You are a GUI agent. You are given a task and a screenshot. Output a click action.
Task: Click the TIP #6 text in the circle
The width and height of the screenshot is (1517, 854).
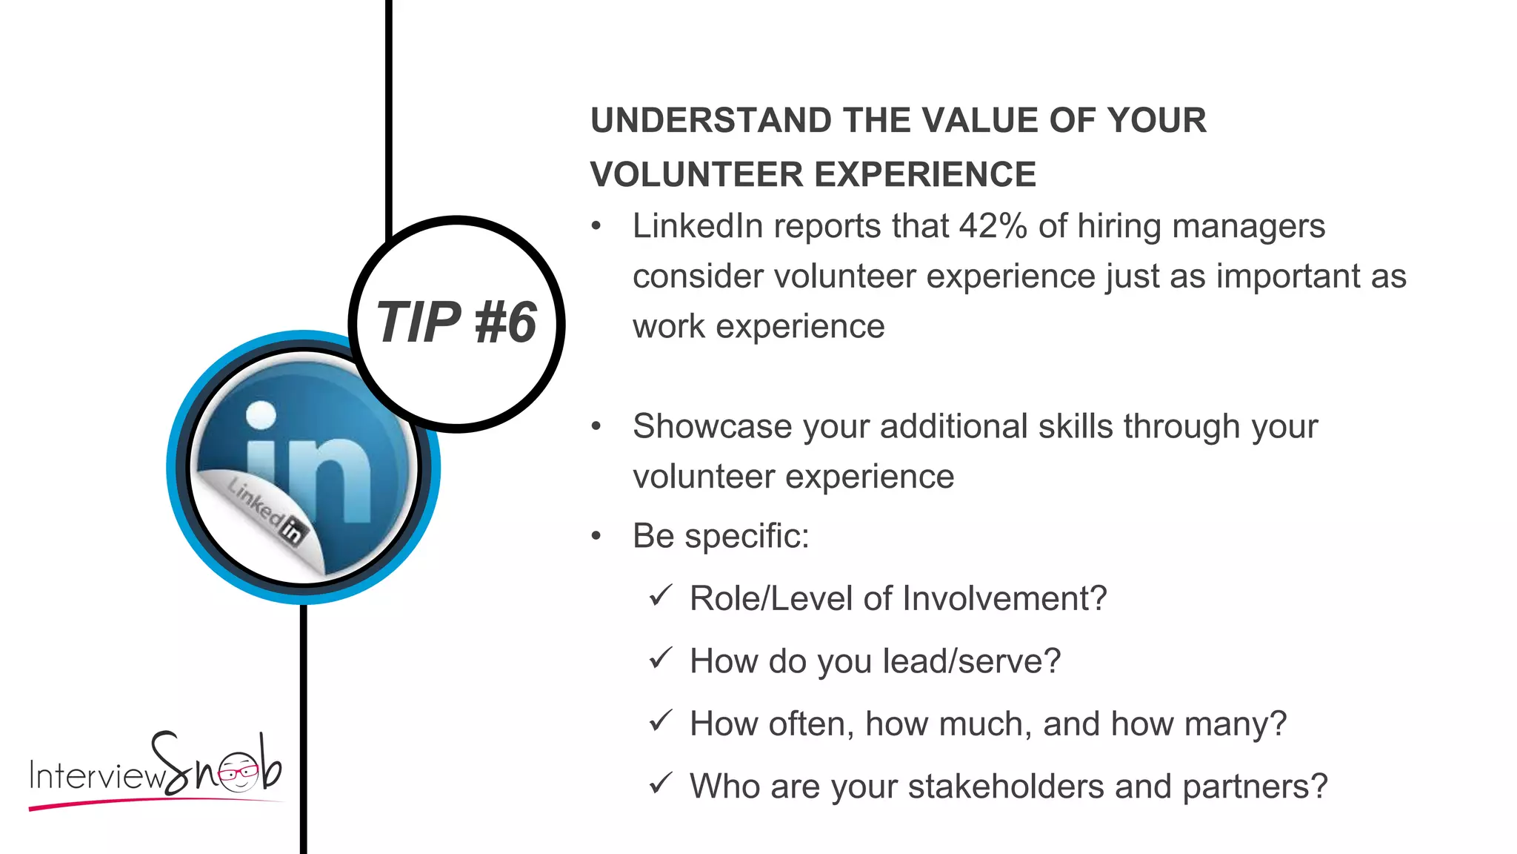pyautogui.click(x=456, y=323)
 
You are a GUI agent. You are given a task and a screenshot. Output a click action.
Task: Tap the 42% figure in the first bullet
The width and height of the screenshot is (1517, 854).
pyautogui.click(x=993, y=226)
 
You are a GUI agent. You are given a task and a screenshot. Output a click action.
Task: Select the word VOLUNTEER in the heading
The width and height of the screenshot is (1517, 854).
pyautogui.click(x=696, y=175)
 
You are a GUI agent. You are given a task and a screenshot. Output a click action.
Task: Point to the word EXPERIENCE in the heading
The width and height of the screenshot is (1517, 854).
pyautogui.click(x=925, y=175)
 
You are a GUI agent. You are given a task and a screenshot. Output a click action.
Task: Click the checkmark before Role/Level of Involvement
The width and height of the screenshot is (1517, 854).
pyautogui.click(x=660, y=595)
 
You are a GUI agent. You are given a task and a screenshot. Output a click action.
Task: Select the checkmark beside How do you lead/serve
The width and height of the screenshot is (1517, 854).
pyautogui.click(x=660, y=658)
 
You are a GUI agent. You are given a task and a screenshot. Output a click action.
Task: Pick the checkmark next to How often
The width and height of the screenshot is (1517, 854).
pyautogui.click(x=660, y=721)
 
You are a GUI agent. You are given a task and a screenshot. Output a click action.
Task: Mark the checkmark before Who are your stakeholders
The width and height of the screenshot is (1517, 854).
pyautogui.click(x=660, y=784)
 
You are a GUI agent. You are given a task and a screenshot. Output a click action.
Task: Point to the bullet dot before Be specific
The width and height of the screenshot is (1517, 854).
pyautogui.click(x=596, y=537)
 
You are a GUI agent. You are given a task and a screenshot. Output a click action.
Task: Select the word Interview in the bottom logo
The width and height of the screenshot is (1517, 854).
pyautogui.click(x=96, y=776)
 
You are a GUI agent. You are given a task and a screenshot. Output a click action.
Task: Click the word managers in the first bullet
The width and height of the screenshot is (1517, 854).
pyautogui.click(x=1260, y=226)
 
